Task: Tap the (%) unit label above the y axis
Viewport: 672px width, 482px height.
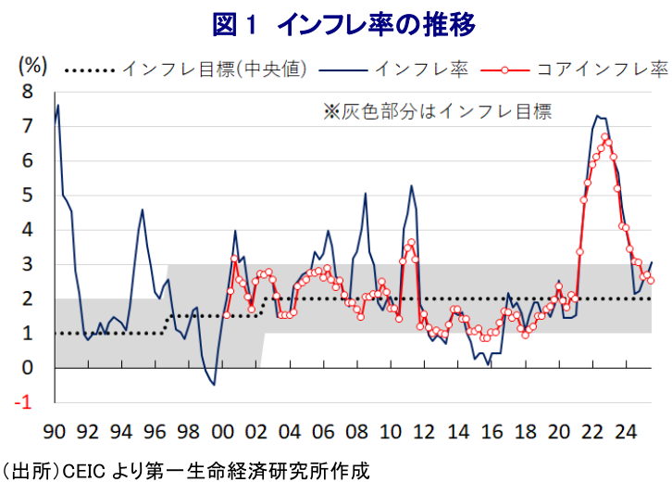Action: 33,65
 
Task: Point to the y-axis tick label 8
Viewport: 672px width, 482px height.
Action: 28,93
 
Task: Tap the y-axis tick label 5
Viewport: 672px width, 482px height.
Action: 28,196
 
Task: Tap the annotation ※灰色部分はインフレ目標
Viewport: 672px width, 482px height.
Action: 437,112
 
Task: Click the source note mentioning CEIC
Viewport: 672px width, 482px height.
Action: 185,470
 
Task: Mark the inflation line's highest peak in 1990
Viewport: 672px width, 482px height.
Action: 58,105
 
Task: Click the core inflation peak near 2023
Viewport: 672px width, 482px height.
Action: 605,137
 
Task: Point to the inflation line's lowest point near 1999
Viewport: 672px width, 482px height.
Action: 214,384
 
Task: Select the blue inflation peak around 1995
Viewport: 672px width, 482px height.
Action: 142,209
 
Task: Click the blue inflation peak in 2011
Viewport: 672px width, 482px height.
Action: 412,186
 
